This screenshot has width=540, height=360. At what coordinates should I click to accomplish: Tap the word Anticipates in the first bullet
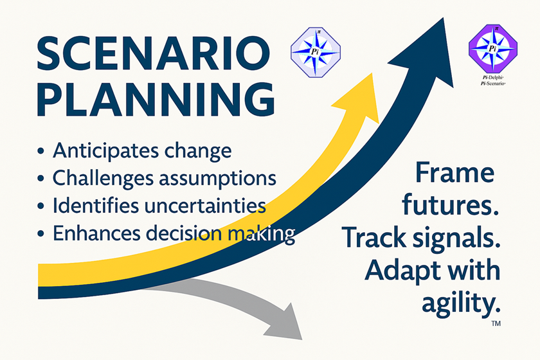click(x=101, y=151)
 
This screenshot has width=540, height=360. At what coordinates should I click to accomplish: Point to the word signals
click(x=461, y=239)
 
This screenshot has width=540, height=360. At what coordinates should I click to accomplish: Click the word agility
click(x=460, y=302)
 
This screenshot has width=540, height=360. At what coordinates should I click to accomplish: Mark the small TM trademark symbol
click(x=496, y=325)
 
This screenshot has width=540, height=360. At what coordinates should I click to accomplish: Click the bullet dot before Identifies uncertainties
click(x=41, y=206)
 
